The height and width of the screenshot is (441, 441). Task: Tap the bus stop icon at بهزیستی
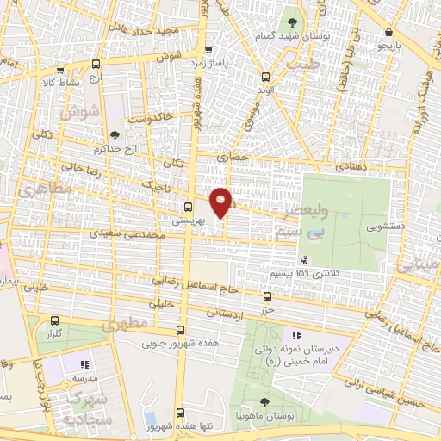tap(188, 207)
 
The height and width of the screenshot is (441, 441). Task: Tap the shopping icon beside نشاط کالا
tap(59, 72)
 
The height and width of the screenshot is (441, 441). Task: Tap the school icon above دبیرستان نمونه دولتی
tap(296, 334)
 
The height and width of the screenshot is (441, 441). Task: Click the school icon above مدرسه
tap(84, 365)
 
